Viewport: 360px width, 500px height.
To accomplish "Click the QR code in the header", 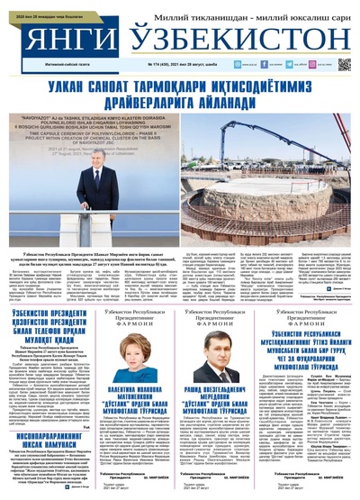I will (x=344, y=65).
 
